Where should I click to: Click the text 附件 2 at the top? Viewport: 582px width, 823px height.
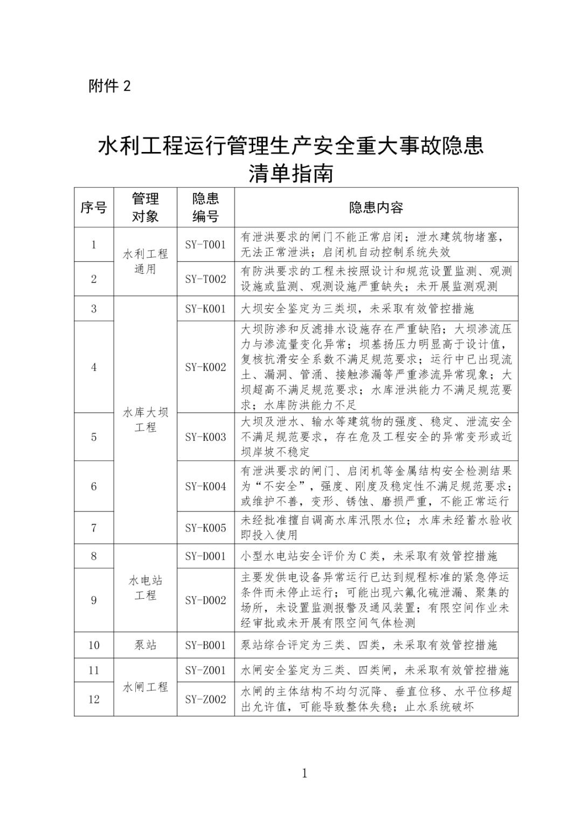coord(109,86)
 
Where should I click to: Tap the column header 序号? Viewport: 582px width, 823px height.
coord(94,208)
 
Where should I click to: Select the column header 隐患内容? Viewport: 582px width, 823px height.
coord(376,208)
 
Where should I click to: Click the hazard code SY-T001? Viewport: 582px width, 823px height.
coord(205,245)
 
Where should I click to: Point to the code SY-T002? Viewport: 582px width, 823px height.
coord(205,279)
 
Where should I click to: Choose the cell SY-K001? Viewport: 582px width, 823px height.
coord(205,309)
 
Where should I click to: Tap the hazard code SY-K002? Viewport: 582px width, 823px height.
coord(205,368)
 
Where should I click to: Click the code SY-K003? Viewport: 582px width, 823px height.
coord(205,437)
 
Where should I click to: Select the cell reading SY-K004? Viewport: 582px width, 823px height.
coord(205,486)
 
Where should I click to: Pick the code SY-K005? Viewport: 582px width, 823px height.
coord(205,528)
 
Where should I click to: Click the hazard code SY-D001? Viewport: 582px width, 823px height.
coord(205,556)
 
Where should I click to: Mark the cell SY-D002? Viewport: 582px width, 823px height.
coord(205,600)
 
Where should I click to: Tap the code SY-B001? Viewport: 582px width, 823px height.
coord(205,645)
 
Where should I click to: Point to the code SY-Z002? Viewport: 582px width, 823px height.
coord(205,700)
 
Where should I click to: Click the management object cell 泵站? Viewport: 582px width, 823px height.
coord(145,645)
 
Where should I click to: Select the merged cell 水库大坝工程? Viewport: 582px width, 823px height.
coord(145,420)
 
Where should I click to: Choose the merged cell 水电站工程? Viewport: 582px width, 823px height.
coord(145,588)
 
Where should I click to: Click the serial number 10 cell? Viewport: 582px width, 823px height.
coord(94,645)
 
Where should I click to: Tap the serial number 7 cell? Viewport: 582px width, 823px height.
coord(94,528)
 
